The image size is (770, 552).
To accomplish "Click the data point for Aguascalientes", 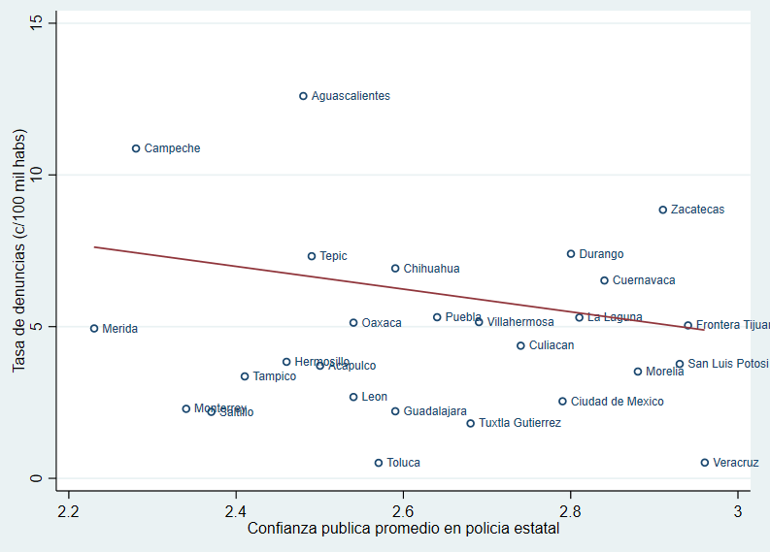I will (x=303, y=96).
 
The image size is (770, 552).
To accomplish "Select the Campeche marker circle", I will (x=136, y=148).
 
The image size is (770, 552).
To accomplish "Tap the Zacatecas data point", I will (x=663, y=210).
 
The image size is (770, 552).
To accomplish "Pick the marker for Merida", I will (x=94, y=329).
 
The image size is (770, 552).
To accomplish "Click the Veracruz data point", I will (x=705, y=463).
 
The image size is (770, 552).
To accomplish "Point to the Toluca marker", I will (x=379, y=463).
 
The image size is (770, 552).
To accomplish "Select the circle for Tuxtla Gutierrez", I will (x=471, y=423).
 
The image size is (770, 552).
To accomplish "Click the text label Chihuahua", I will (x=431, y=269).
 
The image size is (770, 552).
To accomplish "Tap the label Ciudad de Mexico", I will (x=617, y=402).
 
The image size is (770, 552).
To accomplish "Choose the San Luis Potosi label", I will (x=727, y=364).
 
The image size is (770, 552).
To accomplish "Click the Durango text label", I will (x=601, y=254).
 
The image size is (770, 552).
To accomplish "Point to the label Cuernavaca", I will (x=644, y=280).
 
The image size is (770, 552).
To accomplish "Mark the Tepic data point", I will (x=312, y=256).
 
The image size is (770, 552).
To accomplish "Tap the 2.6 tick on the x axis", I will (x=403, y=511).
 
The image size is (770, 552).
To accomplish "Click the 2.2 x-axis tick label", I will (x=68, y=511).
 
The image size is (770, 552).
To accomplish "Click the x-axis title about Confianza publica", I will (x=403, y=529).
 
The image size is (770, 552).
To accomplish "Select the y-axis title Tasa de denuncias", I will (x=18, y=250).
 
